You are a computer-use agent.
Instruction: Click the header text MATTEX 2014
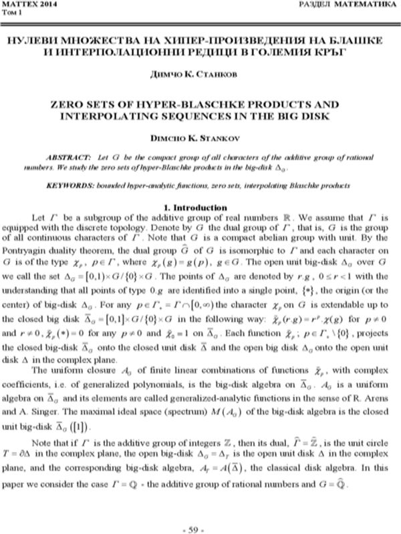pyautogui.click(x=24, y=5)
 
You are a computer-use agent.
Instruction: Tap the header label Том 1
pyautogui.click(x=13, y=13)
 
